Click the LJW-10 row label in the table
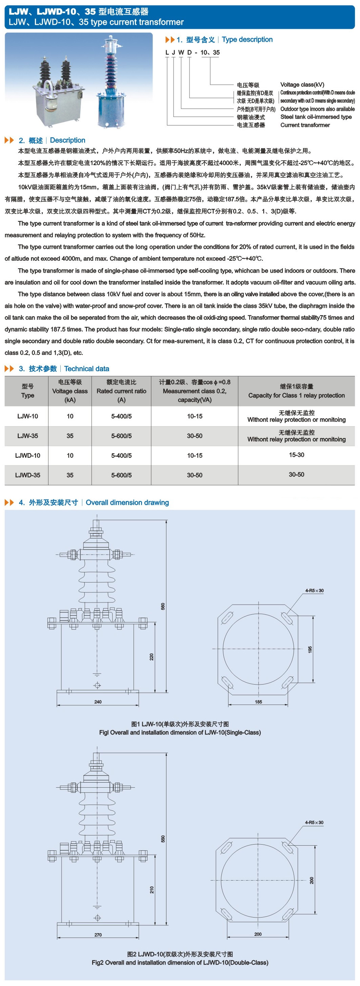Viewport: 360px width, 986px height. click(x=27, y=416)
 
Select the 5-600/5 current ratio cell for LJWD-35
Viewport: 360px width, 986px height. click(x=121, y=475)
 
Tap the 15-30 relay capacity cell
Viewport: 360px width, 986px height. click(x=297, y=455)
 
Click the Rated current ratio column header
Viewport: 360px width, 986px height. click(x=121, y=391)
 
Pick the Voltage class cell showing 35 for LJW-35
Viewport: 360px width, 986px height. click(x=70, y=436)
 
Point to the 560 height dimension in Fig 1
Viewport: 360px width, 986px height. click(x=163, y=606)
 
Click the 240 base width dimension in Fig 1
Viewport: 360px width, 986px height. click(x=98, y=702)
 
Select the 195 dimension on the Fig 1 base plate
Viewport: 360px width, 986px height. click(x=310, y=650)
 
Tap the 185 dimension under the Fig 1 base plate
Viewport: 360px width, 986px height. click(x=259, y=702)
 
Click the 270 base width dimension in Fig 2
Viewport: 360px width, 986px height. click(x=98, y=934)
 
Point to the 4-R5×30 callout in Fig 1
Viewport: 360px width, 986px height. click(x=314, y=591)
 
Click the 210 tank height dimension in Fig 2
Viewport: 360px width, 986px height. click(x=152, y=890)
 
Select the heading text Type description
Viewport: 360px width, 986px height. click(x=247, y=39)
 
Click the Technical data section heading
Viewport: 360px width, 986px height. click(x=86, y=369)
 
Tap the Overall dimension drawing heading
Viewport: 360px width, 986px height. click(x=127, y=502)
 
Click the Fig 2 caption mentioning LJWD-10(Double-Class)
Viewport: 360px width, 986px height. click(x=180, y=962)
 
